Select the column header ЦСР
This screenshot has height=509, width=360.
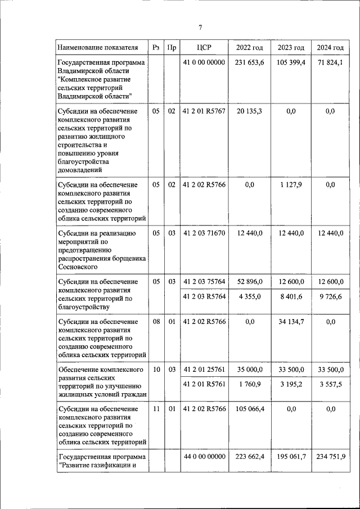click(x=204, y=48)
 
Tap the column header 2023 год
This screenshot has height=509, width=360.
click(x=291, y=48)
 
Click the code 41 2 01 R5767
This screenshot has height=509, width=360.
click(x=204, y=112)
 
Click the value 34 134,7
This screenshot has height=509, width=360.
click(x=291, y=322)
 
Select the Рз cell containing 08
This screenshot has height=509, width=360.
click(x=156, y=322)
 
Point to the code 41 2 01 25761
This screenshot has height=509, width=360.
click(x=204, y=370)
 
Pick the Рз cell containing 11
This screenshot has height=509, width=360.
click(x=156, y=409)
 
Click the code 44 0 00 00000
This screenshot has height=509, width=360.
click(x=204, y=457)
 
